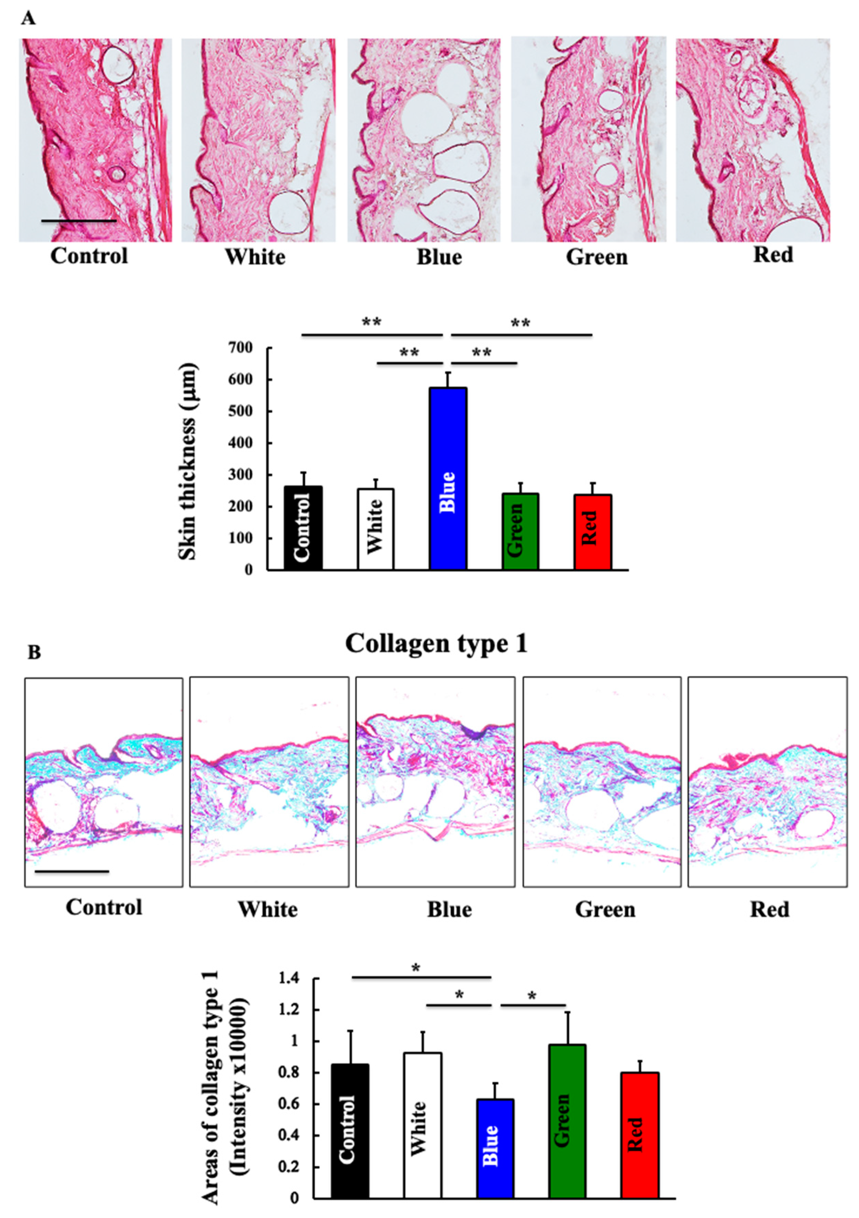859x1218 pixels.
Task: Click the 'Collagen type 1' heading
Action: coord(436,644)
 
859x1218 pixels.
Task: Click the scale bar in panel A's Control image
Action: coord(79,220)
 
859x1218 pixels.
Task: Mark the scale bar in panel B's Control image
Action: coord(72,871)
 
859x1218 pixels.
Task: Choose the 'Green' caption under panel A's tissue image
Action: coord(596,257)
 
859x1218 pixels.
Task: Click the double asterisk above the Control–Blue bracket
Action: coord(371,322)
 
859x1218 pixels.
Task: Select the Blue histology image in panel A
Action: coord(423,140)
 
